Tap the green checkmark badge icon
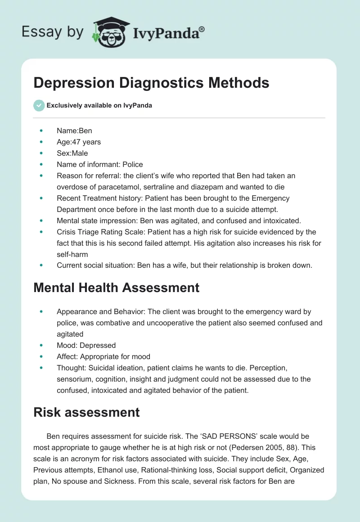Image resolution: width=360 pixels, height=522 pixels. click(39, 105)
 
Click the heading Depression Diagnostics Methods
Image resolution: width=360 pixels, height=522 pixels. click(151, 83)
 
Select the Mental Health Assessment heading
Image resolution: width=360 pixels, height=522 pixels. click(116, 287)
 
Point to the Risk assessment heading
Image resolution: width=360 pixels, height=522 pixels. click(86, 412)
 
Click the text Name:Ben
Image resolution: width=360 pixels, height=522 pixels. click(74, 130)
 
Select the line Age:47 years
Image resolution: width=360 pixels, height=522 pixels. click(79, 142)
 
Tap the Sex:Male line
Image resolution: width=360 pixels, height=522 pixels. click(72, 153)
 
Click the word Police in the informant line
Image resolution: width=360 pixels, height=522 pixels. click(133, 164)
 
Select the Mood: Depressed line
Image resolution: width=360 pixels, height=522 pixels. click(86, 345)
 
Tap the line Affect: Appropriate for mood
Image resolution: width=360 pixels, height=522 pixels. click(103, 356)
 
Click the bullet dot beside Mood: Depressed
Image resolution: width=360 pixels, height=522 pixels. click(41, 345)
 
